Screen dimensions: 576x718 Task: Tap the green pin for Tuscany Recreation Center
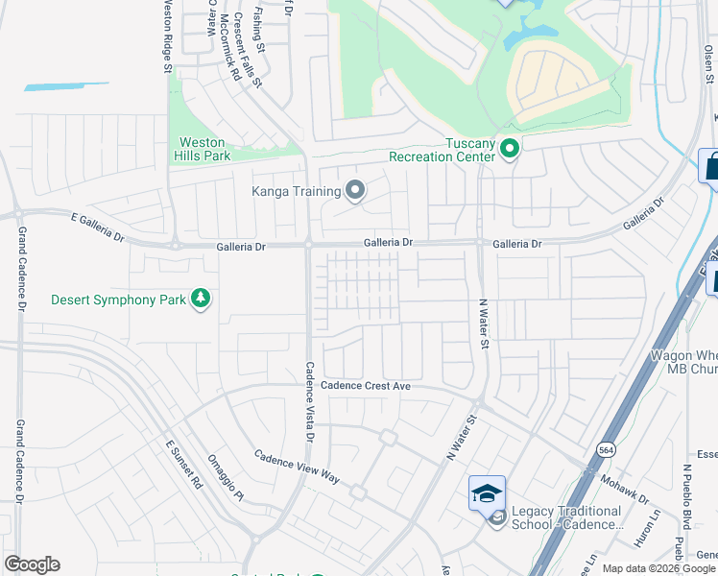click(511, 149)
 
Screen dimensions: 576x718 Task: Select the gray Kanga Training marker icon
click(355, 190)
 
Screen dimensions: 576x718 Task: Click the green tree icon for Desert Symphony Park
click(201, 300)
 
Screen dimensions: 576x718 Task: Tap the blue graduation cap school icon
click(487, 493)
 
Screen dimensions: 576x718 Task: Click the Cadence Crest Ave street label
click(365, 385)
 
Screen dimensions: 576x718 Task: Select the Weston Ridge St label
click(166, 36)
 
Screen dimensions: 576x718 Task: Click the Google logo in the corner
click(32, 564)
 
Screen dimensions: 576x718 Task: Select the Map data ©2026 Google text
click(658, 568)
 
